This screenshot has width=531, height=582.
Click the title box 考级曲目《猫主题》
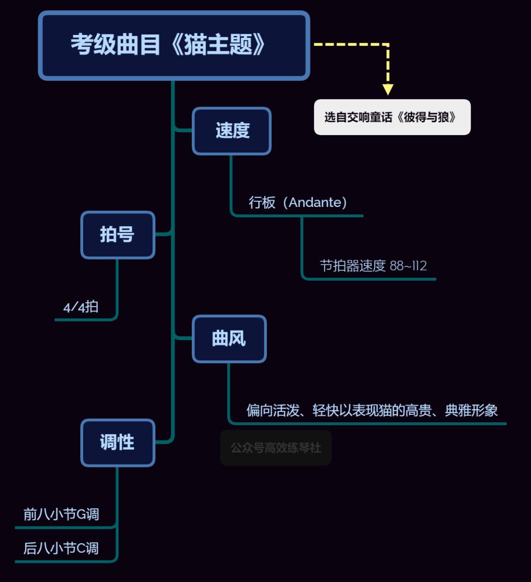pos(174,45)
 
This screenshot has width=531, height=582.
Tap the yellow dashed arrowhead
pos(388,89)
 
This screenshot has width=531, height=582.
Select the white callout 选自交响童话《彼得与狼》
pos(392,117)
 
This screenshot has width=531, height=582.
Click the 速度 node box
pos(232,131)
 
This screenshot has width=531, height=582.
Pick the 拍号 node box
pos(118,235)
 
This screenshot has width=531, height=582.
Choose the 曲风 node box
pos(229,339)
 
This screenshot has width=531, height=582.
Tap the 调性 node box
pos(118,442)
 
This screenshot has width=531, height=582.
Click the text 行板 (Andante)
pos(298,203)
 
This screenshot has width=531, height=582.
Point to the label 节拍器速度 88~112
pos(373,266)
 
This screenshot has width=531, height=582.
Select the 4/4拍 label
pos(81,307)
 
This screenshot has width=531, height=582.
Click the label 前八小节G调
pos(61,514)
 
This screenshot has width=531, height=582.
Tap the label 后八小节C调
pos(61,548)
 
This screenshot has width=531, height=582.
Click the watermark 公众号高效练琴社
pos(276,448)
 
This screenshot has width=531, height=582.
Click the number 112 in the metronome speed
pos(419,266)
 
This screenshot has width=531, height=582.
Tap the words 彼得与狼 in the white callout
pos(427,117)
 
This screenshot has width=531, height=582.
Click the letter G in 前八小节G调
pos(81,514)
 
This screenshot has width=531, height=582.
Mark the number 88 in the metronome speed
pos(397,266)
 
